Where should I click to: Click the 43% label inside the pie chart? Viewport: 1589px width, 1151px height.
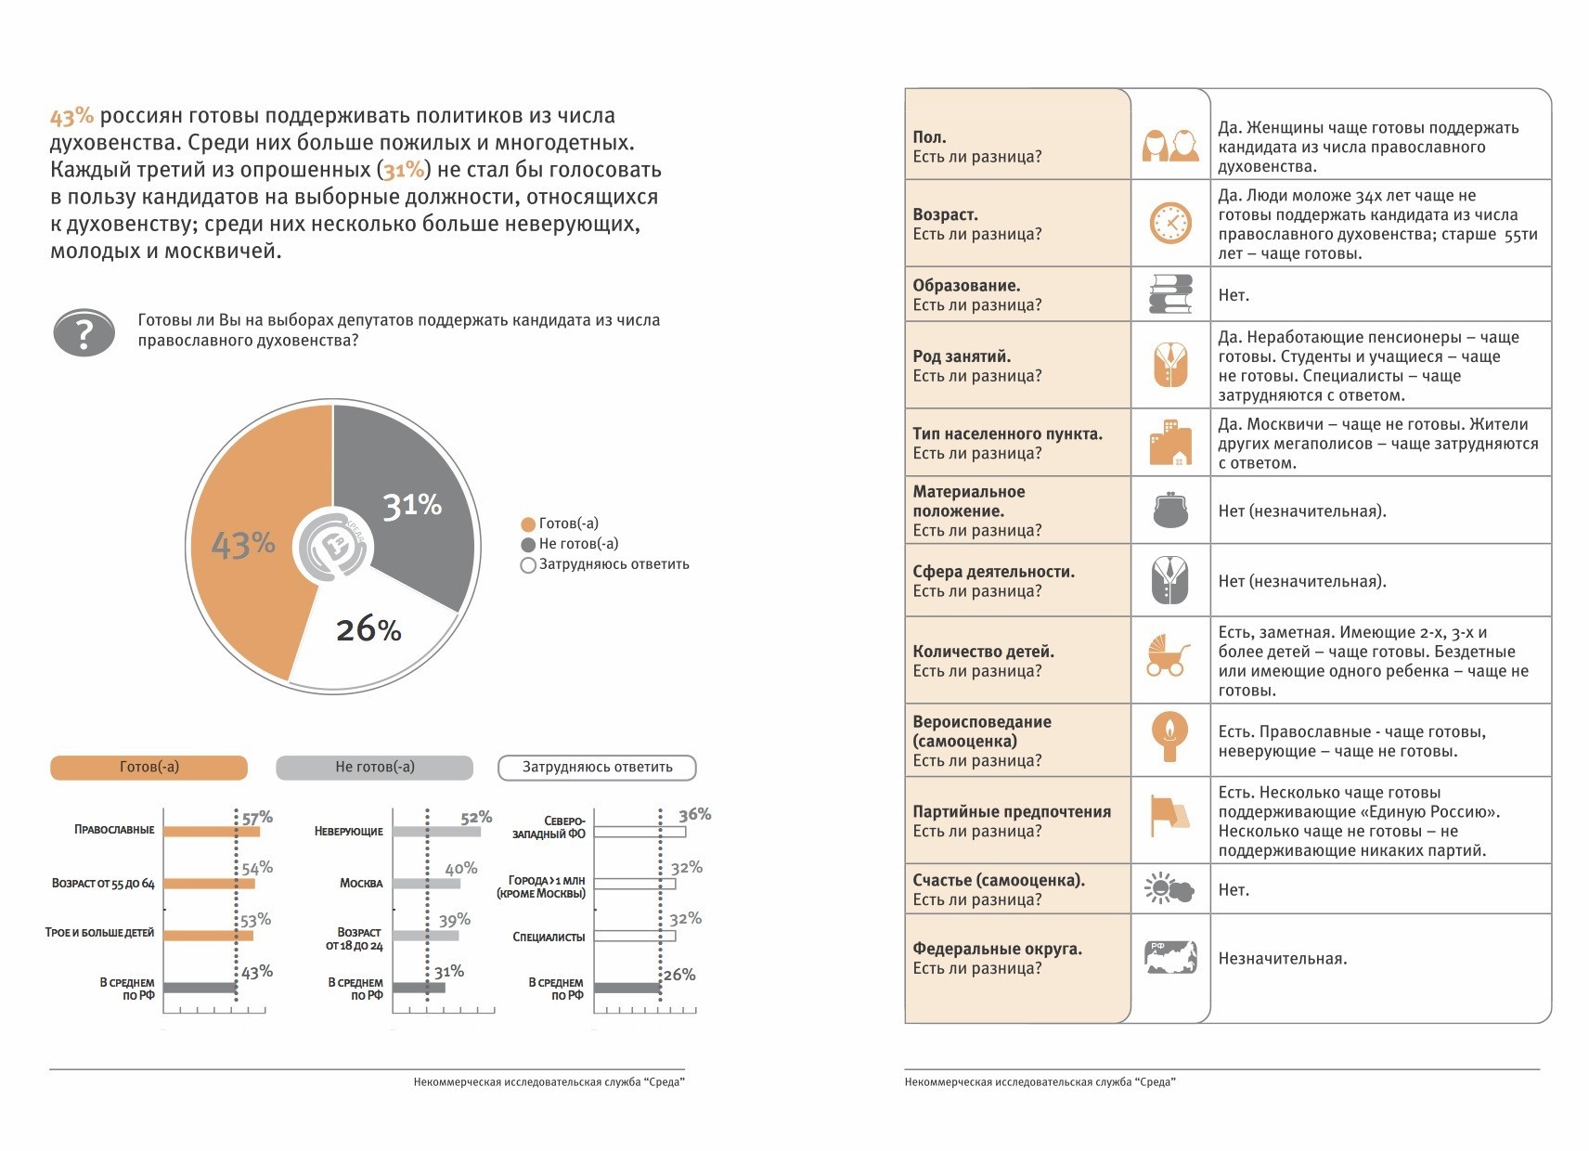(243, 544)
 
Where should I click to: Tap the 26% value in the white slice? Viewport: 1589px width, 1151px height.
(368, 630)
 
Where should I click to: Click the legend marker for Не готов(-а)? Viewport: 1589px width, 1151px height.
(528, 545)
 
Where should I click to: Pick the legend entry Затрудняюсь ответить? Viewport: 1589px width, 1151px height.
(614, 564)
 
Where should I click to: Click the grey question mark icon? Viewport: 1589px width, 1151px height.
(84, 332)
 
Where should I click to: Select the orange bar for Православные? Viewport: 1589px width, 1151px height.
(212, 832)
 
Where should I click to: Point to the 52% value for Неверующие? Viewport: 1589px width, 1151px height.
(476, 818)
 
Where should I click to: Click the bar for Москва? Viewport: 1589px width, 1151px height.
(426, 884)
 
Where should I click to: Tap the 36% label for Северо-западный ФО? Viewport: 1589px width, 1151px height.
(695, 815)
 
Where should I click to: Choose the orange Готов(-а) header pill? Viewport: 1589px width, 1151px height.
(149, 768)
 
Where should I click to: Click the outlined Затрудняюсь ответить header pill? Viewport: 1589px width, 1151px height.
(597, 768)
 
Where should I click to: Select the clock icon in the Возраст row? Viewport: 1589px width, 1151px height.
(1170, 224)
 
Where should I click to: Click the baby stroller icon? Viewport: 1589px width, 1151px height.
(1169, 655)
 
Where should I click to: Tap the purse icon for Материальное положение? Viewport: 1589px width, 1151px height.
(1170, 511)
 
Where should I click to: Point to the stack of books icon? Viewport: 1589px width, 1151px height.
(1170, 294)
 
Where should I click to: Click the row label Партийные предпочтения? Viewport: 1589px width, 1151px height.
(1012, 812)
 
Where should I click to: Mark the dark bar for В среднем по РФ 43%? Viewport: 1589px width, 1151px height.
(200, 989)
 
